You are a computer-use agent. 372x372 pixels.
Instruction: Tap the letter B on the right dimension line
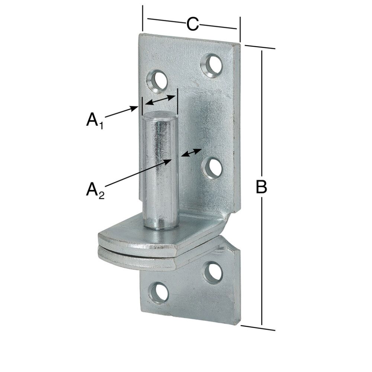pos(262,187)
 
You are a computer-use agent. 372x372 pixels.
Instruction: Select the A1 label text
pos(94,120)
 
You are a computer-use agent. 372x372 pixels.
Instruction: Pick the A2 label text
pos(94,190)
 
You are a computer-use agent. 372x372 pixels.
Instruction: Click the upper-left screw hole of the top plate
pos(157,80)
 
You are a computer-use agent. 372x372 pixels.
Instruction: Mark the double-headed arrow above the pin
pos(160,100)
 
